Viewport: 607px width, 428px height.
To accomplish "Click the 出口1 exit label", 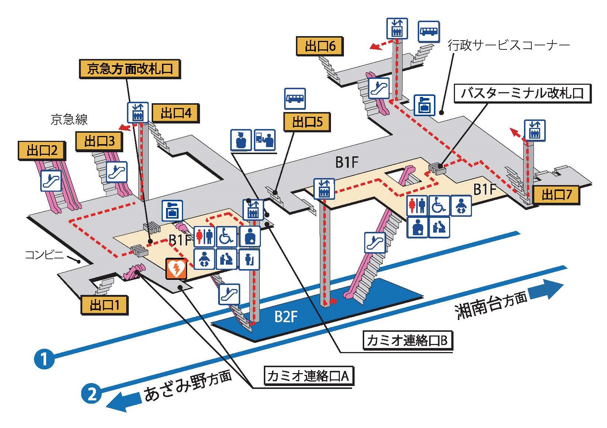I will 104,305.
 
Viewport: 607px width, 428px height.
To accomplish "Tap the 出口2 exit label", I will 42,150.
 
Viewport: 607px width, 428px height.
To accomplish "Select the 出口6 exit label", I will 320,46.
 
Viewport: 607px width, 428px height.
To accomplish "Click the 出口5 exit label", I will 307,122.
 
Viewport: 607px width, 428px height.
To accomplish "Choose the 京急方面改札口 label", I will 130,69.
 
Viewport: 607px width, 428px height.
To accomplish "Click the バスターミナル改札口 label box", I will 522,93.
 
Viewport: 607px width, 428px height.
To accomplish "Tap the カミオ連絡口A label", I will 308,376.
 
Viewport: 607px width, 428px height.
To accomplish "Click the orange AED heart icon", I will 176,269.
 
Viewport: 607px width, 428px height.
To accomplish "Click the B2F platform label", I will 286,316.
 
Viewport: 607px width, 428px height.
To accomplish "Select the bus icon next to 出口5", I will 295,98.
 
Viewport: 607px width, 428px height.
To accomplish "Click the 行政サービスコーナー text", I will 508,45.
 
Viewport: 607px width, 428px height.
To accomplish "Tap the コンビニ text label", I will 44,255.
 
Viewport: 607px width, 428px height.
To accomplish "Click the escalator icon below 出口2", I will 51,180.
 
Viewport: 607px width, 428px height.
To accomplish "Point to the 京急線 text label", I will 69,119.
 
